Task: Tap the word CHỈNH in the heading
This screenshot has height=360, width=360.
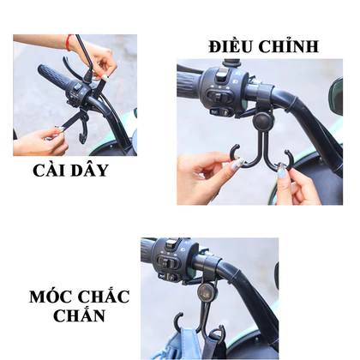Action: (x=289, y=45)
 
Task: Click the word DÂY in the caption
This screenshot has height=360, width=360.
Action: (x=90, y=170)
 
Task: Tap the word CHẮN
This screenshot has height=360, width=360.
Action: (x=79, y=315)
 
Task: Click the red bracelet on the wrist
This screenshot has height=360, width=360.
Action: (x=69, y=43)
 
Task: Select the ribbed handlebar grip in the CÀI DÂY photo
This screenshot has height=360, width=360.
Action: (x=53, y=75)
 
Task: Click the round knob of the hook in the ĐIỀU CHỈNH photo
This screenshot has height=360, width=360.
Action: (x=263, y=120)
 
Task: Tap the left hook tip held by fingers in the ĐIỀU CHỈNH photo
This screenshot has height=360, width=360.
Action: (x=233, y=152)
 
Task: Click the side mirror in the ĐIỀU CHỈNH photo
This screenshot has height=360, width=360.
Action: (x=336, y=96)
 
